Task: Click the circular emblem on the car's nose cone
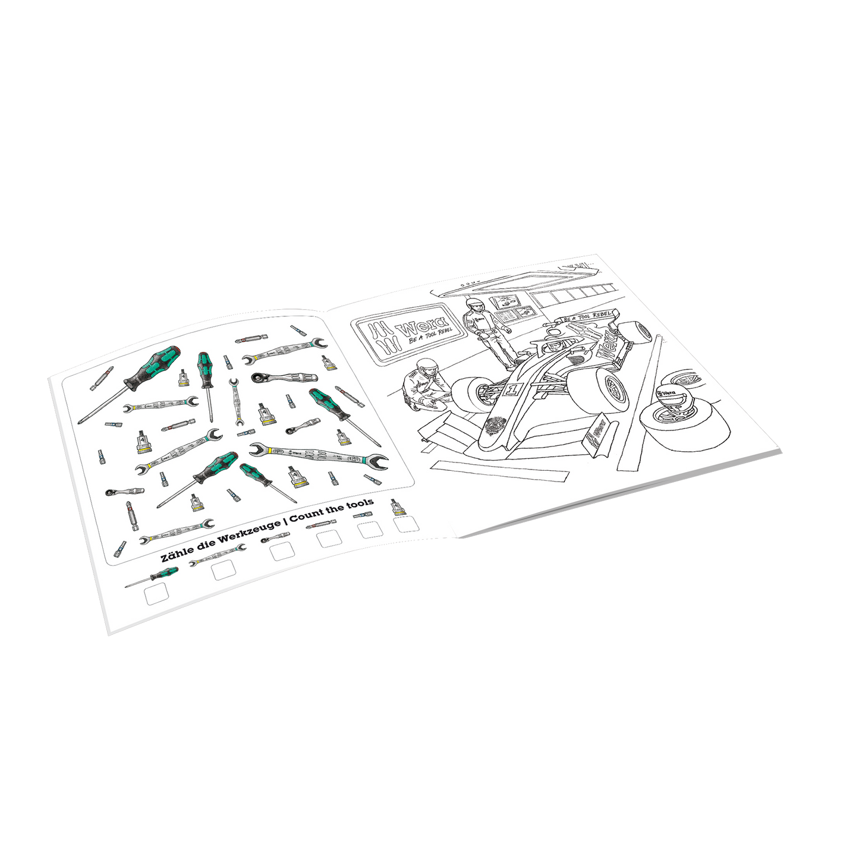(493, 427)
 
